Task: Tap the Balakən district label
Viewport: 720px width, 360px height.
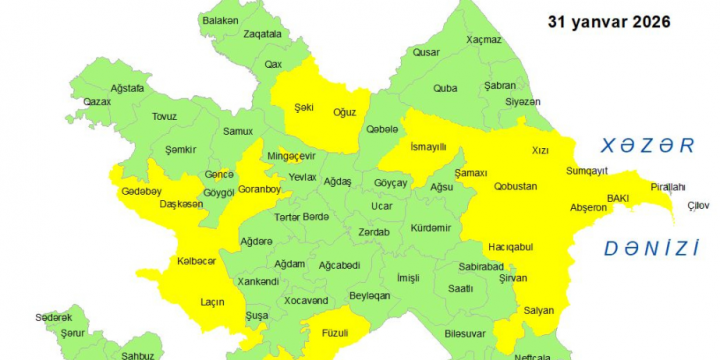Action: [220, 20]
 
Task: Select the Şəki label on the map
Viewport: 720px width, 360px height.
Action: [304, 106]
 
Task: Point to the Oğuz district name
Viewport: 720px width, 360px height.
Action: [344, 112]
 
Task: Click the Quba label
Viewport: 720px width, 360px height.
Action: [445, 88]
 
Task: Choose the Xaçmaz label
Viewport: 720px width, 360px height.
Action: [485, 41]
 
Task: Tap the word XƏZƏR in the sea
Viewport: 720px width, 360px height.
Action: [641, 146]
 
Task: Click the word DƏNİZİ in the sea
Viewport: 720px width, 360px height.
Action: [649, 248]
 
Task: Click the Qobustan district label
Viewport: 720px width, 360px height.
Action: [516, 186]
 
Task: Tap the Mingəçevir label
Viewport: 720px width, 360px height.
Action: [291, 156]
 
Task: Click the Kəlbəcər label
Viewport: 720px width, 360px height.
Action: [196, 261]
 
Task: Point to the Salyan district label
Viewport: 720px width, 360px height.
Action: [539, 311]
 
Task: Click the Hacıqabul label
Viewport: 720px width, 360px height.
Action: [509, 246]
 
